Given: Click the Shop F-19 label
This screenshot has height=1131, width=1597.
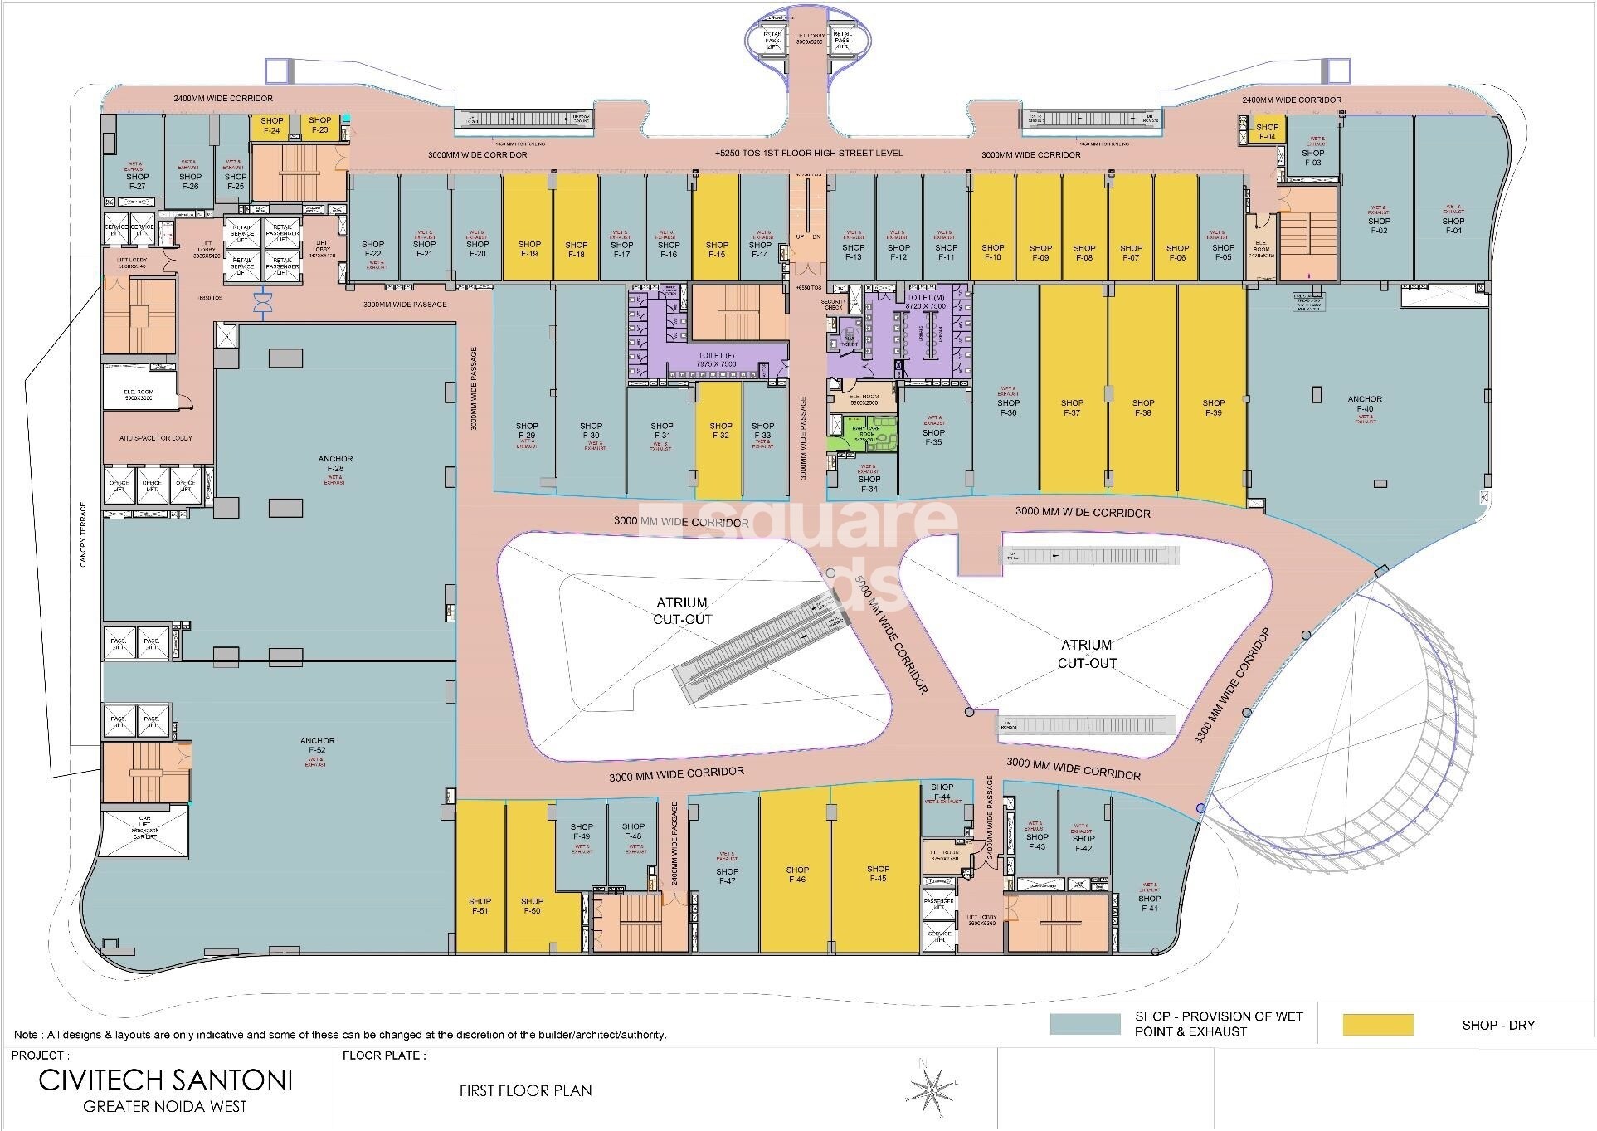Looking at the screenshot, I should [529, 249].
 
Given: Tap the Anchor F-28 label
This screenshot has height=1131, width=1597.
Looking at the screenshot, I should [335, 464].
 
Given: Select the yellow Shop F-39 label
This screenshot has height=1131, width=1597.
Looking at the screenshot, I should [1213, 407].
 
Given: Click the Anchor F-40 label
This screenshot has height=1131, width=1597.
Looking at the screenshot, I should [1365, 404].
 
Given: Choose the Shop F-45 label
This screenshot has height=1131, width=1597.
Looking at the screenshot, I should [878, 874].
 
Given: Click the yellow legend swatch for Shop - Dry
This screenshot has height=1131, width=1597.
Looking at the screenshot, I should [1377, 1024].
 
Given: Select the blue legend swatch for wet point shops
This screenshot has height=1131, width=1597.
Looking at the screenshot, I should [1084, 1024].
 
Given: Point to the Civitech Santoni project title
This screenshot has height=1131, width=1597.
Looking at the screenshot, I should [166, 1080].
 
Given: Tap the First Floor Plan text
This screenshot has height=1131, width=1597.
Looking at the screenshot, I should [525, 1090].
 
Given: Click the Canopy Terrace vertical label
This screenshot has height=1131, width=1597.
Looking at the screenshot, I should [83, 534].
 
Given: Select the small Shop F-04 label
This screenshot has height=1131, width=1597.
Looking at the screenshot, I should [1267, 132].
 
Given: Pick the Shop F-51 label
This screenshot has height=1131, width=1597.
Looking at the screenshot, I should [480, 905].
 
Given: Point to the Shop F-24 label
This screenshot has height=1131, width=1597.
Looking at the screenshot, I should [273, 125].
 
